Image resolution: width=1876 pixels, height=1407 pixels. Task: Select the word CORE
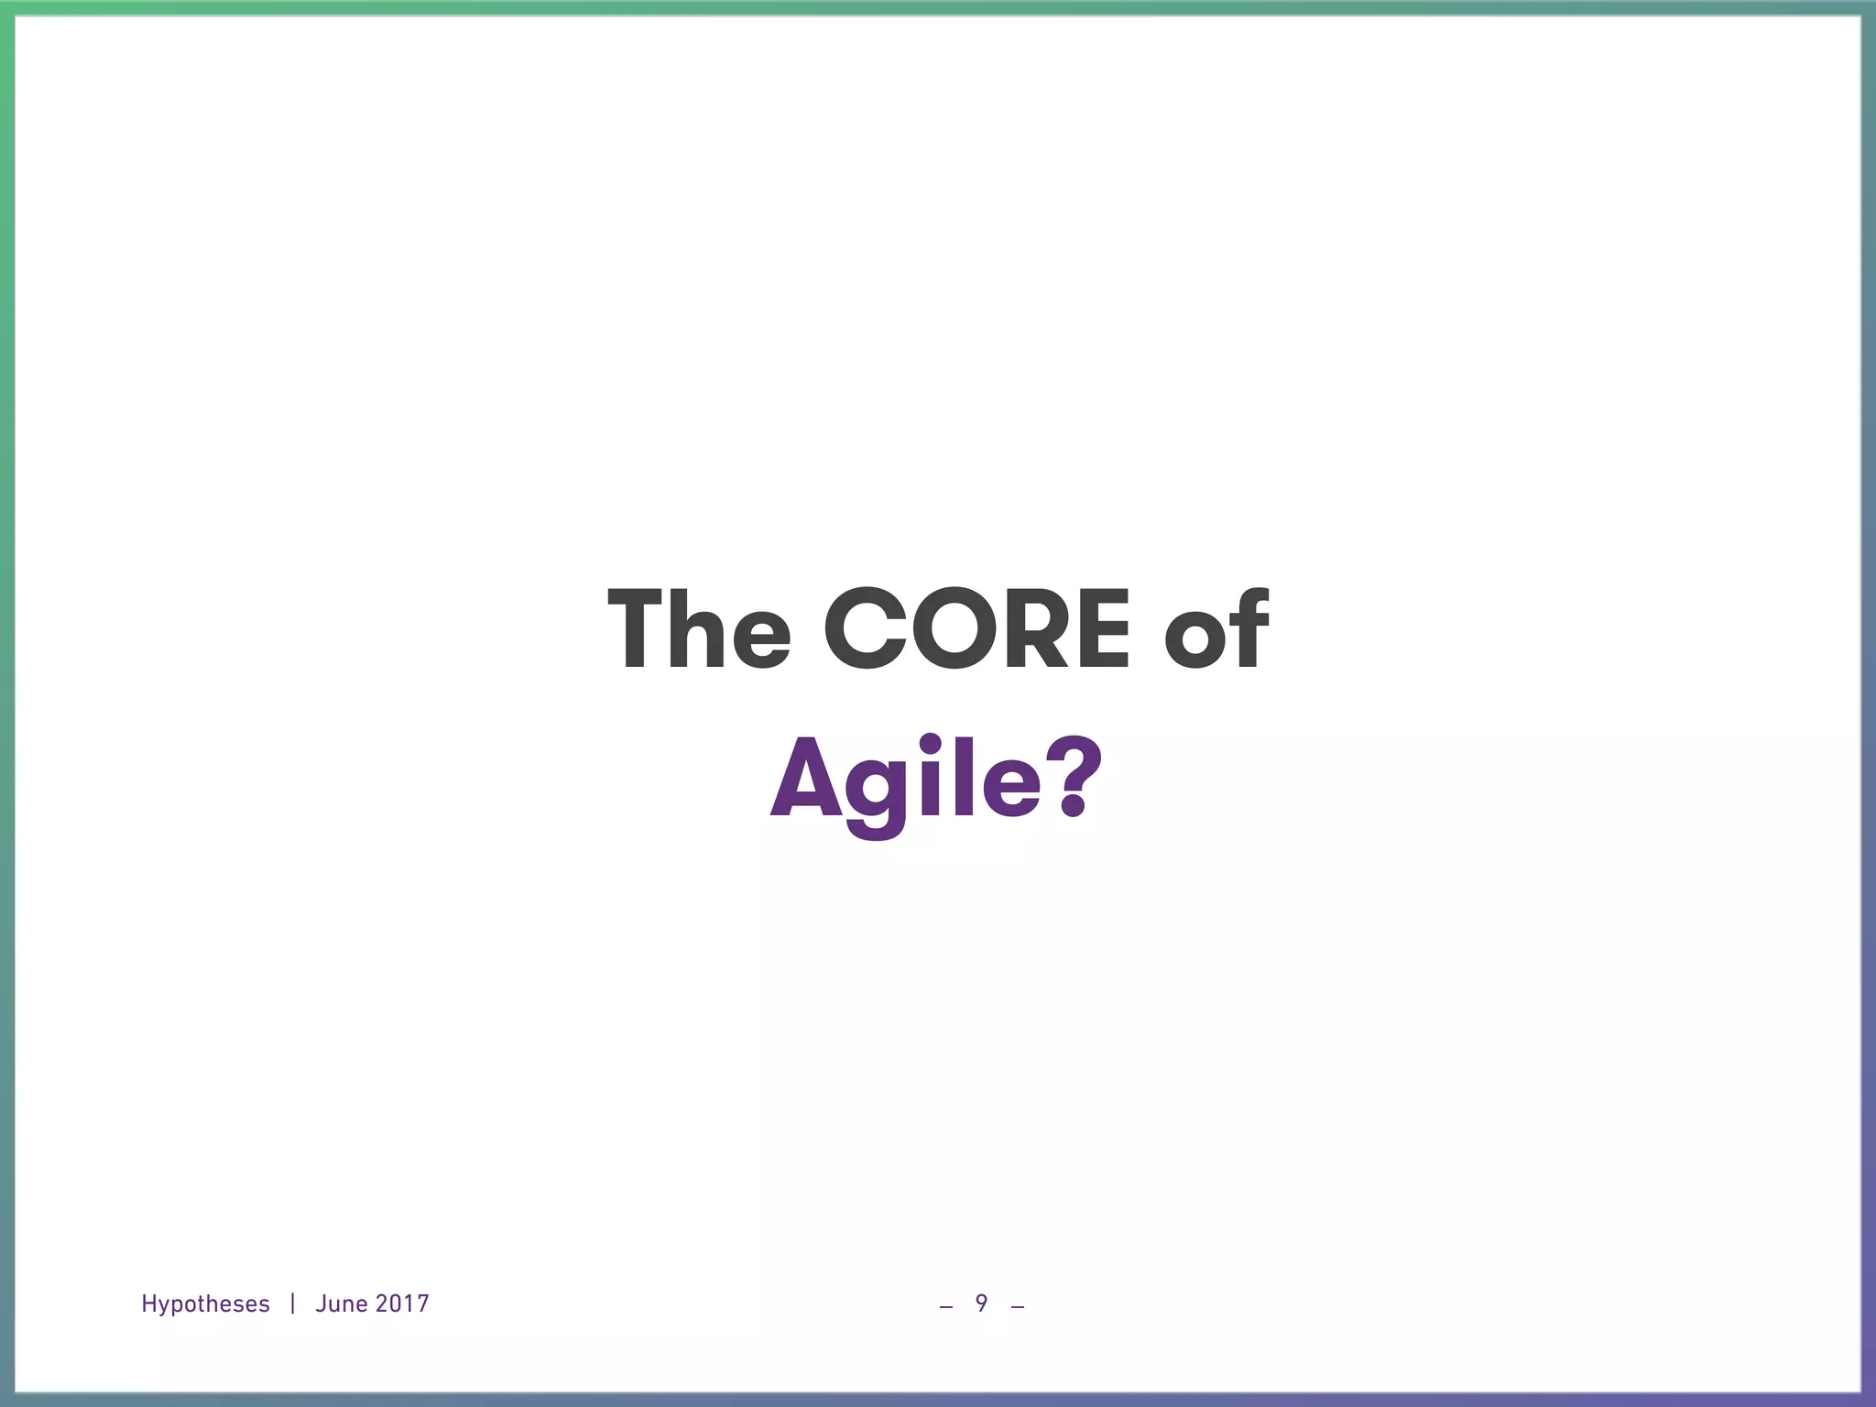click(977, 629)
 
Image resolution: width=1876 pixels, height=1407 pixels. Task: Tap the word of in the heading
click(1216, 629)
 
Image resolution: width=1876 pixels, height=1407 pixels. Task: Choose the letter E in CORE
click(1102, 629)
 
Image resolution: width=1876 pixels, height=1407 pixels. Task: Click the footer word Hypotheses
click(205, 1304)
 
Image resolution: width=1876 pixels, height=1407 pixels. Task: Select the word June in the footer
click(341, 1303)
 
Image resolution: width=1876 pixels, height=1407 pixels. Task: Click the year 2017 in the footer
click(402, 1303)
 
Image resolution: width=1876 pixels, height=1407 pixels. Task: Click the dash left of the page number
click(946, 1307)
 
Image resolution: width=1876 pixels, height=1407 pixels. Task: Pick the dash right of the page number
click(1017, 1307)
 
